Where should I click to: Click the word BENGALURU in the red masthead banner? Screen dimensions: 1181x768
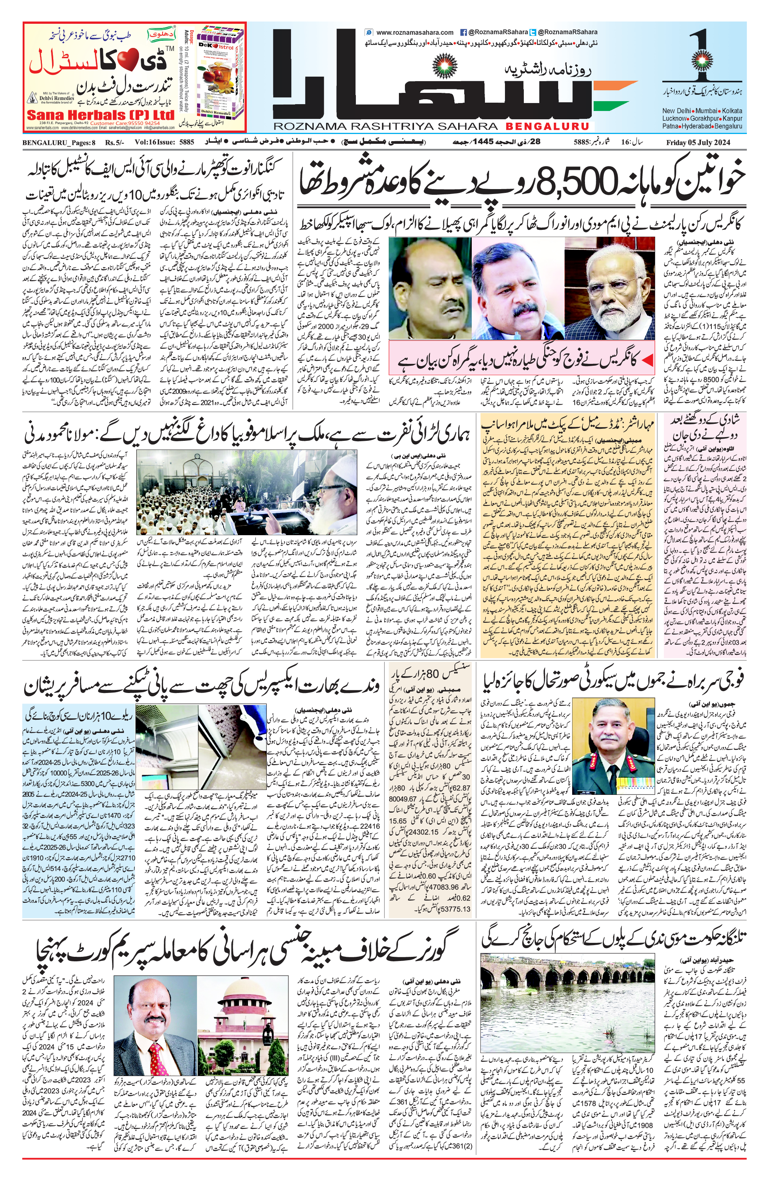point(545,126)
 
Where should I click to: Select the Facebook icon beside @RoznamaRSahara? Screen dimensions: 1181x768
point(464,32)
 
